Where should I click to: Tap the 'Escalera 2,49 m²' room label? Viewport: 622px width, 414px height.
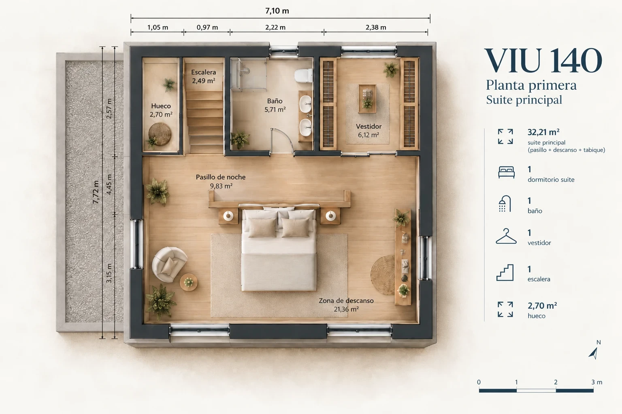[x=204, y=76]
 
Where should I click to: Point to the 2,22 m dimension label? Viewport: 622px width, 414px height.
[x=275, y=27]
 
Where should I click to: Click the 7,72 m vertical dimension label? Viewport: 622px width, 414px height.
[x=96, y=192]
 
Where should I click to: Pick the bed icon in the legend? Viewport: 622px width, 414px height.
[x=506, y=172]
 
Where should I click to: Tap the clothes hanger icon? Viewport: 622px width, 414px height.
[x=506, y=236]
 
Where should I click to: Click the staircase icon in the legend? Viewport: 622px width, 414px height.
[x=505, y=273]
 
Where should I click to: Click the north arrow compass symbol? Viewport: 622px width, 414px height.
[x=594, y=353]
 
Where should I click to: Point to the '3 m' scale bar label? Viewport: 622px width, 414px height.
[x=597, y=382]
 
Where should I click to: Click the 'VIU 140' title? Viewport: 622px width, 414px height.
[x=543, y=60]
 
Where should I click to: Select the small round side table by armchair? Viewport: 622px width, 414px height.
[x=189, y=282]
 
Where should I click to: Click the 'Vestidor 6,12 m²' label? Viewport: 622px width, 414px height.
[x=369, y=131]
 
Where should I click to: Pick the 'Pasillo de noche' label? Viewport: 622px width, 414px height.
[x=220, y=177]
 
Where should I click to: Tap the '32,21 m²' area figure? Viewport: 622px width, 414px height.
[x=543, y=132]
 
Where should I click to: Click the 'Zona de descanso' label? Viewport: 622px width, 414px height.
[x=346, y=300]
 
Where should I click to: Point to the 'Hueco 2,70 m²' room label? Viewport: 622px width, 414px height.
[x=161, y=110]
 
